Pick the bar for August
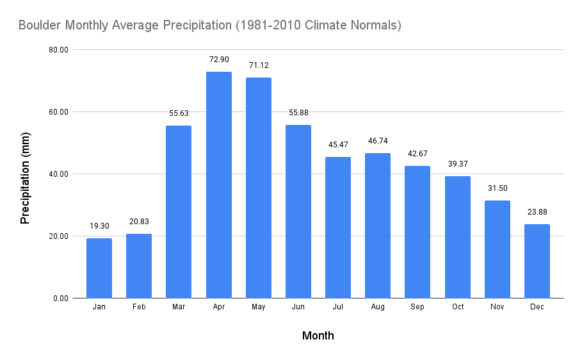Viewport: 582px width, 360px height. (378, 225)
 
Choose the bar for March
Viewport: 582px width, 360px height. (179, 211)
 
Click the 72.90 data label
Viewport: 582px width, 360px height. (219, 60)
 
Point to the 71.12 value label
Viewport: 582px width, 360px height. (259, 65)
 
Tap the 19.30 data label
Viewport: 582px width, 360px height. (99, 226)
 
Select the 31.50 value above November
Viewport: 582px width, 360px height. (497, 188)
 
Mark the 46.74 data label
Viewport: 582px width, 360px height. (378, 141)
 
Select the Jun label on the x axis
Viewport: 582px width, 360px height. (298, 307)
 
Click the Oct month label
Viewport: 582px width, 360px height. (457, 307)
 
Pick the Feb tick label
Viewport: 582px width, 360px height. (139, 307)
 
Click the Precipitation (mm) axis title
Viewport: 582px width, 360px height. (26, 174)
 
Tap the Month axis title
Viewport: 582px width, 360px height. (318, 336)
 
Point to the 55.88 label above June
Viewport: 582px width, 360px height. (298, 113)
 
